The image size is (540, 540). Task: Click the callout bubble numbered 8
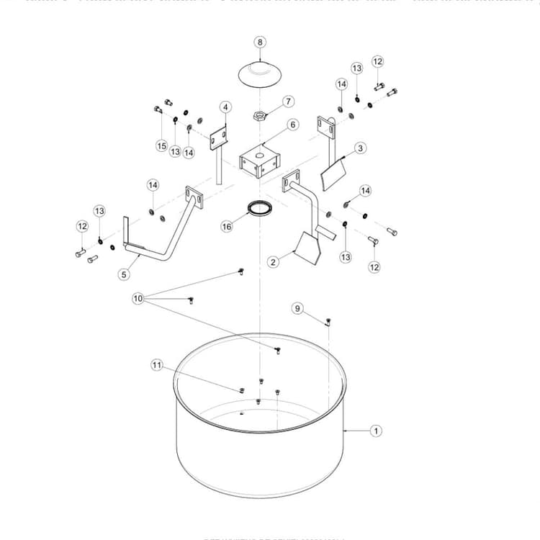260,42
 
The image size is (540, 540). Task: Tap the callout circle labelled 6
292,125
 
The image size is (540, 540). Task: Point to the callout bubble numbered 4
225,107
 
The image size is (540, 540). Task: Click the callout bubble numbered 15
162,145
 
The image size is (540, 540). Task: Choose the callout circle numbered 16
228,226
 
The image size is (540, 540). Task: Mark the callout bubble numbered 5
123,274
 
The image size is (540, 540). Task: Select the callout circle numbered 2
274,263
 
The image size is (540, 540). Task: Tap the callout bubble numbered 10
138,297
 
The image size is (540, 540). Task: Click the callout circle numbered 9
297,308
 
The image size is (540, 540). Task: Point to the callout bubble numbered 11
157,365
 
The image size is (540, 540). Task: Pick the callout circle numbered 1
375,431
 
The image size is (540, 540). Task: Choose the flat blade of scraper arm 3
333,175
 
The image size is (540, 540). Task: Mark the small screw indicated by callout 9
328,320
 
